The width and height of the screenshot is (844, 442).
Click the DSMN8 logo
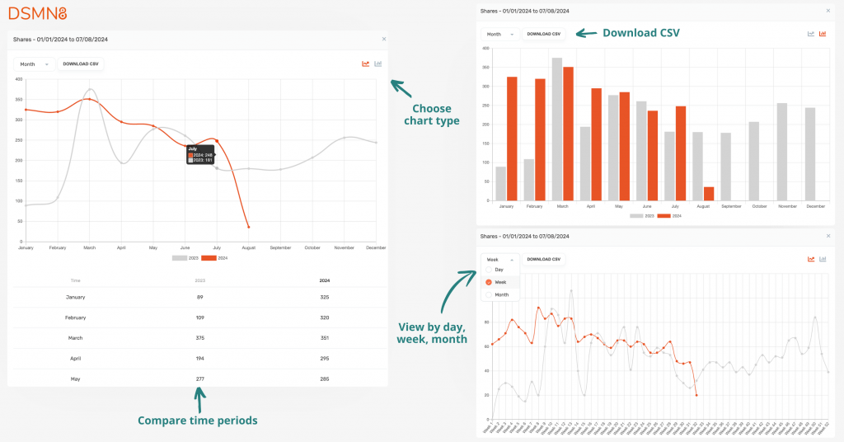[x=37, y=13]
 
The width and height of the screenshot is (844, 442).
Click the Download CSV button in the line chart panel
[x=80, y=63]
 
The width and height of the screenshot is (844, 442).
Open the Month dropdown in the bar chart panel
[x=499, y=34]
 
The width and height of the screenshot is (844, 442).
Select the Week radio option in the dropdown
[x=499, y=282]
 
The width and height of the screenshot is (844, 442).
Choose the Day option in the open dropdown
[x=498, y=270]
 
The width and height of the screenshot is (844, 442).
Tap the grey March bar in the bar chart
[x=557, y=129]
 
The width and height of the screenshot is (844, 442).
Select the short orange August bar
[x=709, y=194]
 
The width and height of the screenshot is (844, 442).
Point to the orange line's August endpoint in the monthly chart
[x=249, y=227]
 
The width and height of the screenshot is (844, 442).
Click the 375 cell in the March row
[x=200, y=338]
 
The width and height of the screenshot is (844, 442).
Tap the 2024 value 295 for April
[x=326, y=358]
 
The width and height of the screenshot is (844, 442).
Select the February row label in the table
[x=76, y=317]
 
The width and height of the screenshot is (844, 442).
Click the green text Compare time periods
[x=197, y=421]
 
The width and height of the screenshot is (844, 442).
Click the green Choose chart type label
[x=432, y=115]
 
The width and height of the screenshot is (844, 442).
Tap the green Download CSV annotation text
[x=641, y=33]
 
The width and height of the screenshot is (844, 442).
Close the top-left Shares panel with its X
[x=383, y=39]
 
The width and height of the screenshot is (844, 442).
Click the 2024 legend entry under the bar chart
[x=673, y=215]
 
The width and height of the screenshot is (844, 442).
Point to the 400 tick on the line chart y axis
[x=18, y=79]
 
